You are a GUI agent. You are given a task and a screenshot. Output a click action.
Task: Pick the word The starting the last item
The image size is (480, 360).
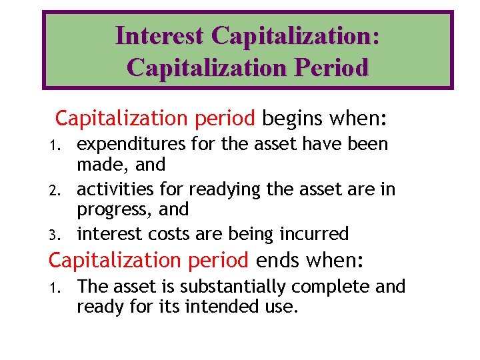tap(92, 287)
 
